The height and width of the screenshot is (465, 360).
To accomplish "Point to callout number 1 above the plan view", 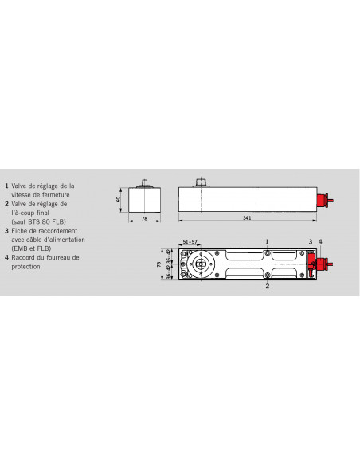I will tap(267, 240).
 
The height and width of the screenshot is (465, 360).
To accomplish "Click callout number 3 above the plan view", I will tap(311, 240).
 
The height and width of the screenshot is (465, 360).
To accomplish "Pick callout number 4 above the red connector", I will tap(320, 240).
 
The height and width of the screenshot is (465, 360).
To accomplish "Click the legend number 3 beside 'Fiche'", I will tap(6, 230).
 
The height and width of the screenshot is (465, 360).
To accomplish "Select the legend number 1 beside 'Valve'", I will tap(6, 186).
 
